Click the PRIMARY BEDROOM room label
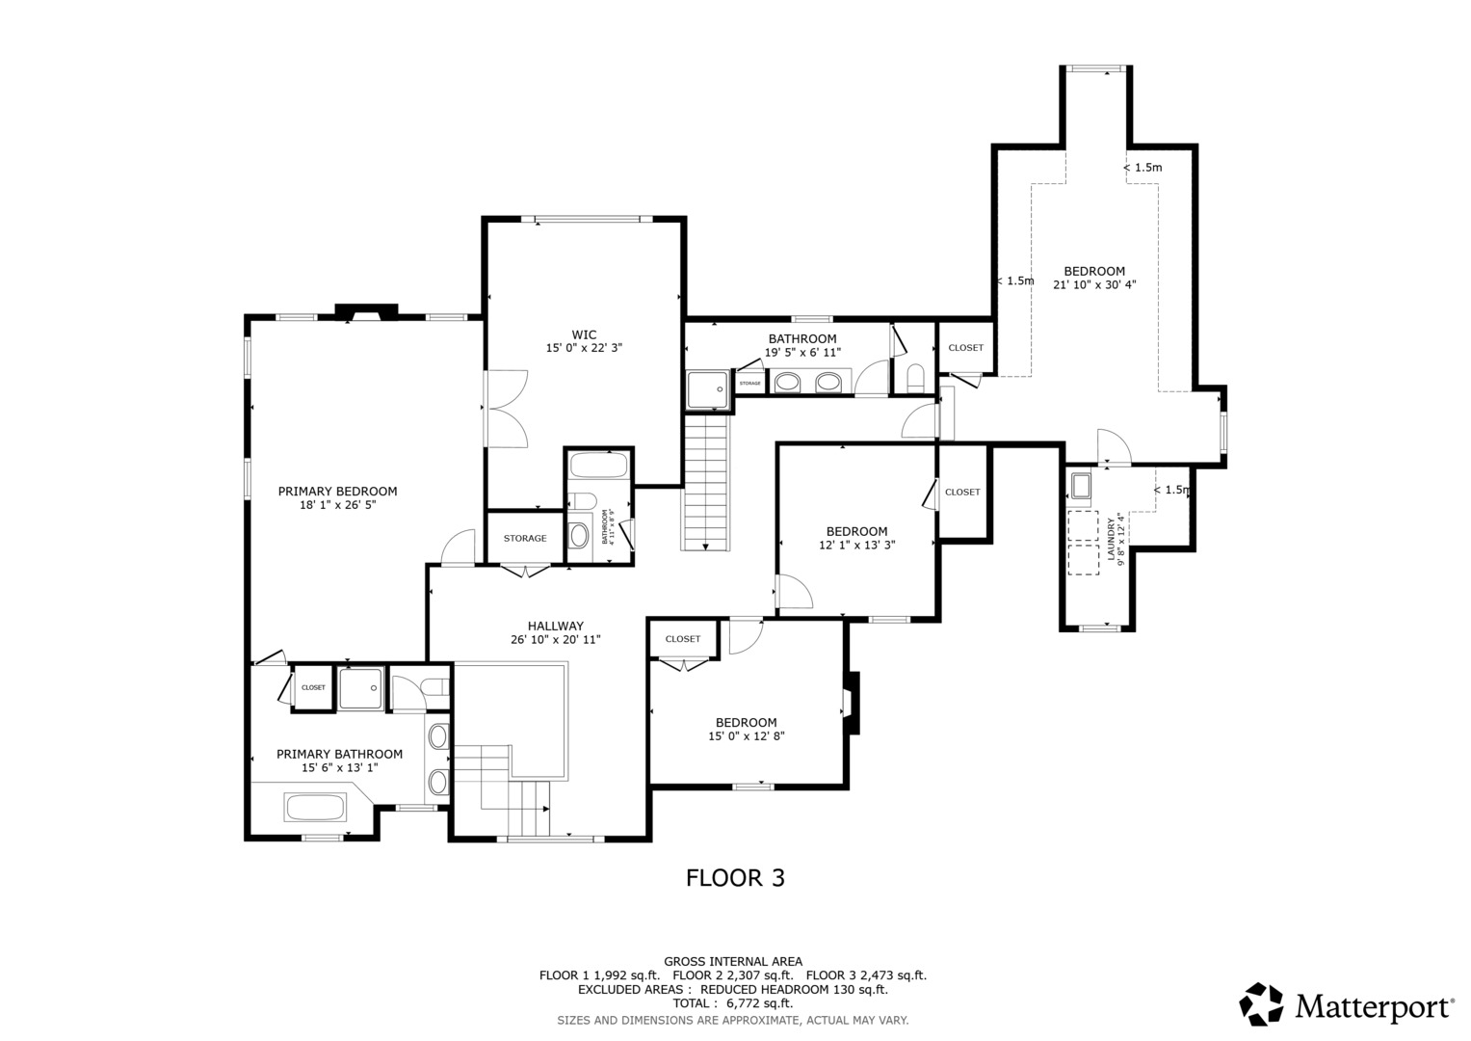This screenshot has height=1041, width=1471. pyautogui.click(x=337, y=492)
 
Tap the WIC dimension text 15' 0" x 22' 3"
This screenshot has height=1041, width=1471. pyautogui.click(x=584, y=348)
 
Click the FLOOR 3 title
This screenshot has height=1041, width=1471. pyautogui.click(x=735, y=878)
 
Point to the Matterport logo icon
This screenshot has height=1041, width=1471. pyautogui.click(x=1261, y=1004)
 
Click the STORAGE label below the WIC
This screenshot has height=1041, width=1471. pyautogui.click(x=525, y=539)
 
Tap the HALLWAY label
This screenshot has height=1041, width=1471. pyautogui.click(x=555, y=626)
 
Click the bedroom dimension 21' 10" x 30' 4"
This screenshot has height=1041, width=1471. pyautogui.click(x=1094, y=284)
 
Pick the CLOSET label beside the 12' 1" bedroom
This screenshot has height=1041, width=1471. pyautogui.click(x=962, y=493)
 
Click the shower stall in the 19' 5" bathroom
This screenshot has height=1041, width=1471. pyautogui.click(x=708, y=389)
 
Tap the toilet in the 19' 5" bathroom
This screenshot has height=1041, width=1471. pyautogui.click(x=915, y=376)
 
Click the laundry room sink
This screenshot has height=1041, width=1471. pyautogui.click(x=1081, y=485)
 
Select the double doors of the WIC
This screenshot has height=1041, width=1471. pyautogui.click(x=505, y=409)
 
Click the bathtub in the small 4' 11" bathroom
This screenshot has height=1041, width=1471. pyautogui.click(x=598, y=467)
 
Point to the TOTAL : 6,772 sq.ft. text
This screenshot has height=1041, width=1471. pyautogui.click(x=732, y=1003)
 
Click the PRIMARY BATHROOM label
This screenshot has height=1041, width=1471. pyautogui.click(x=339, y=754)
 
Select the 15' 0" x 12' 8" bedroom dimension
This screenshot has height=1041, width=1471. pyautogui.click(x=746, y=736)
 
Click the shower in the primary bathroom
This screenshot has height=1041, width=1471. pyautogui.click(x=361, y=687)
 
